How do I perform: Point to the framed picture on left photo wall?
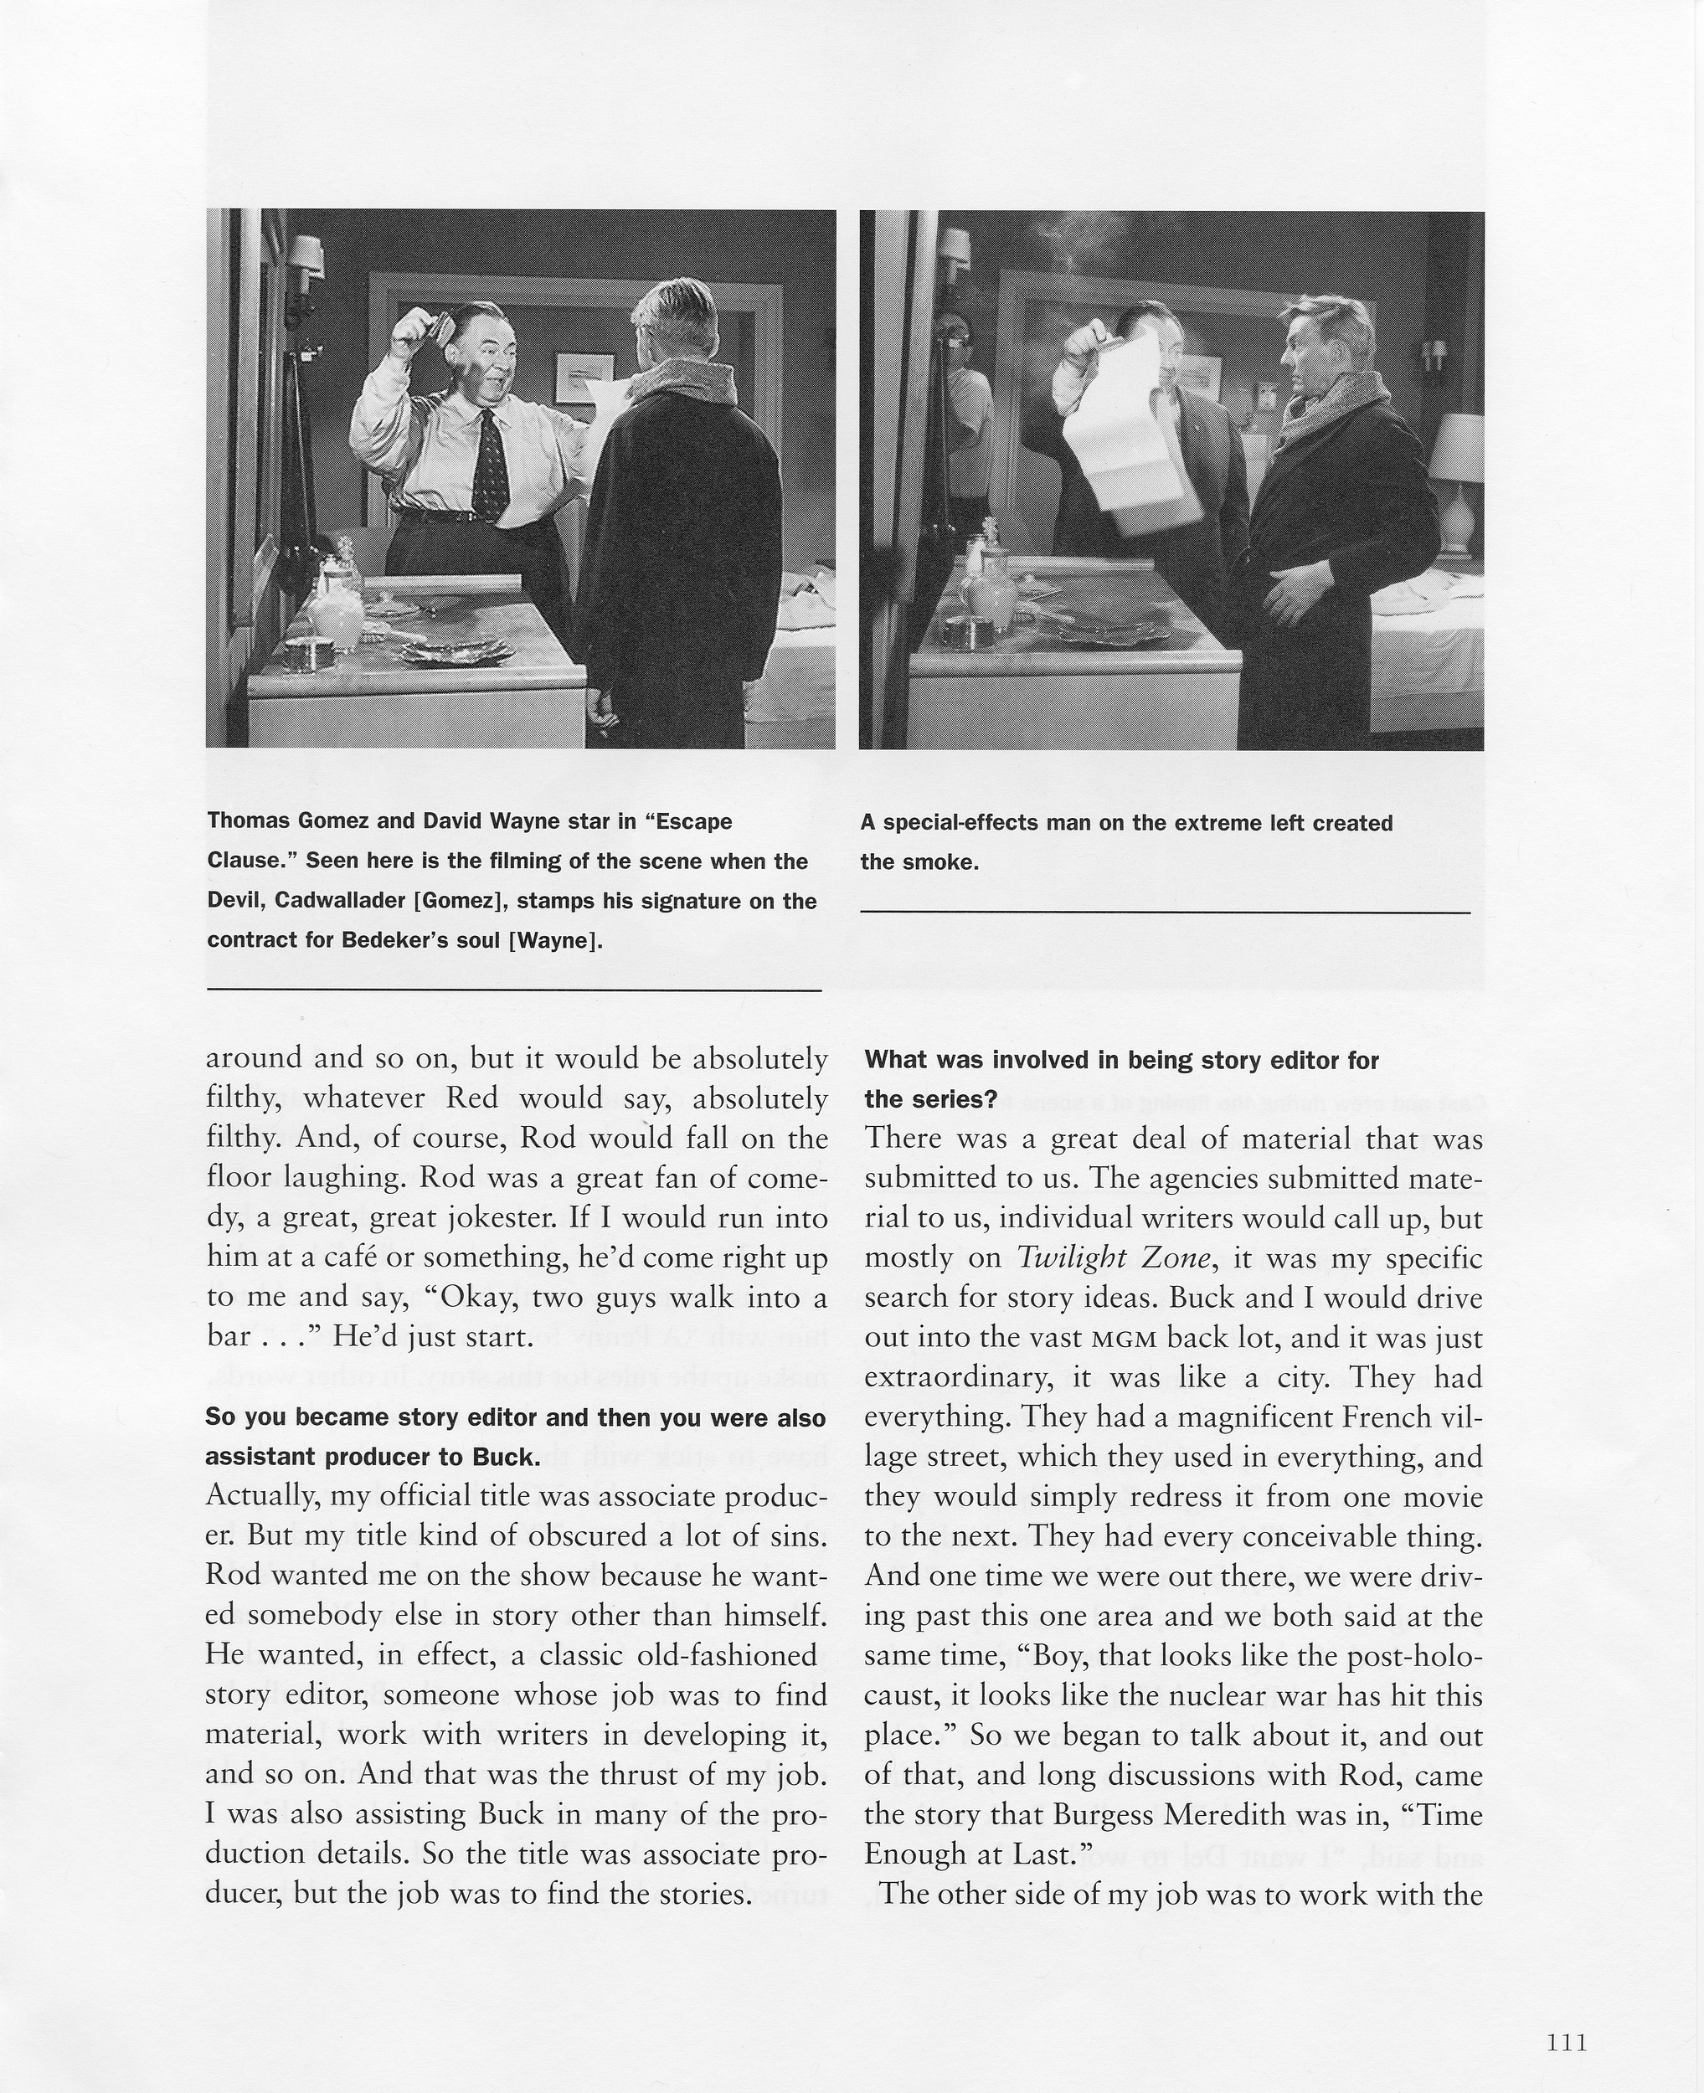[584, 378]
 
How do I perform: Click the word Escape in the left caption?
[695, 821]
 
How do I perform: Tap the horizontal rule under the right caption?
[1165, 913]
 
